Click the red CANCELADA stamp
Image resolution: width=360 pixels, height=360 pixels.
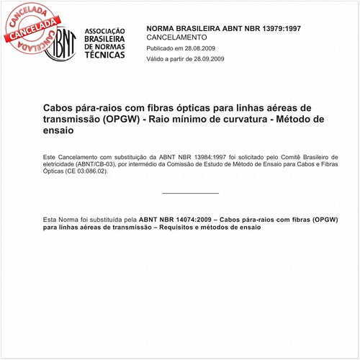click(29, 26)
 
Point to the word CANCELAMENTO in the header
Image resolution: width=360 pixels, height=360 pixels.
click(176, 37)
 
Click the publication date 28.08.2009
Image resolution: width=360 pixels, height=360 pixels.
click(206, 48)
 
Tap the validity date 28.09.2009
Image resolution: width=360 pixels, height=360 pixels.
click(207, 59)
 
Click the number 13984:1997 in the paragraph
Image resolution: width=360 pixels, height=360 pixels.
click(206, 156)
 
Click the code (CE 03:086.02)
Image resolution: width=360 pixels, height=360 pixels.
click(86, 172)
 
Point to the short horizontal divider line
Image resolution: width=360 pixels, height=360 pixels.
click(190, 193)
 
